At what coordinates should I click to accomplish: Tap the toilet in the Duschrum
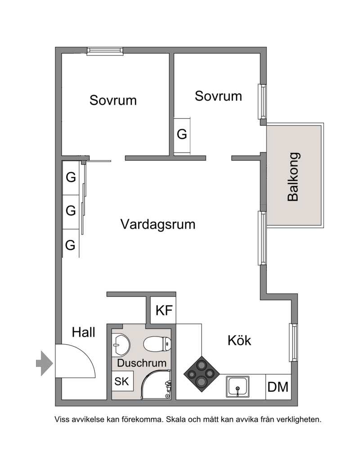[x=157, y=344]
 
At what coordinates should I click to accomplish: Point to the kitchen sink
[x=238, y=386]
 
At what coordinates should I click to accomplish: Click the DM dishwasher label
[x=278, y=387]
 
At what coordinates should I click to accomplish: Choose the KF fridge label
[x=164, y=310]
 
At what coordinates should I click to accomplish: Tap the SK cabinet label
[x=121, y=381]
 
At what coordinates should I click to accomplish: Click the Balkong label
[x=293, y=177]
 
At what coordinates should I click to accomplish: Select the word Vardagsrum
[x=158, y=224]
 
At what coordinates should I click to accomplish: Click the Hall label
[x=84, y=332]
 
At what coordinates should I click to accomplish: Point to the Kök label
[x=239, y=341]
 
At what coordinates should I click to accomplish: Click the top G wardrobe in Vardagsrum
[x=71, y=178]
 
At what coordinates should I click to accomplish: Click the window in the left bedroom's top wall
[x=105, y=51]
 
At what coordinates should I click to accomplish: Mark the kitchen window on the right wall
[x=293, y=342]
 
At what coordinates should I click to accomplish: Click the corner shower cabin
[x=156, y=385]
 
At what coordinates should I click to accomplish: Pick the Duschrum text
[x=142, y=363]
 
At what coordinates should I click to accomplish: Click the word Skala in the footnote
[x=176, y=419]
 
